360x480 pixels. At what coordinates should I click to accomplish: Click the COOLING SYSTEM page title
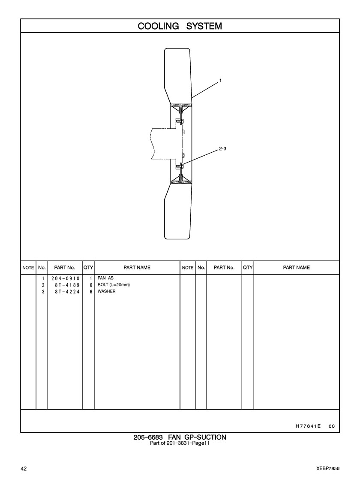tap(180, 26)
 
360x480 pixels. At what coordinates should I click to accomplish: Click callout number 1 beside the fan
tap(221, 81)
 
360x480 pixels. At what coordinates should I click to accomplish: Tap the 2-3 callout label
tap(223, 149)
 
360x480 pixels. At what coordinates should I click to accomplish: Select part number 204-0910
tap(66, 278)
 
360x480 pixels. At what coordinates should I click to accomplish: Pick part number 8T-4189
tap(67, 285)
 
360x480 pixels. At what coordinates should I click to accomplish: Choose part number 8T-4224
tap(67, 292)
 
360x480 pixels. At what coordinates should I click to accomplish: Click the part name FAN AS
tap(105, 278)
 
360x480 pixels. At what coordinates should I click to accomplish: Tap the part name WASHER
tap(106, 291)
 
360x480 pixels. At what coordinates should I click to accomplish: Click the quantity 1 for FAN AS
tap(91, 278)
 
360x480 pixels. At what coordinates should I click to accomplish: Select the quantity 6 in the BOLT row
tap(91, 285)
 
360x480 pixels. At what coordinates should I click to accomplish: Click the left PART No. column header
tap(65, 268)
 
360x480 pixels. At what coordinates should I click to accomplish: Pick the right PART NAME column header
tap(297, 268)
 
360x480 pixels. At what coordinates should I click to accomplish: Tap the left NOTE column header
tap(28, 268)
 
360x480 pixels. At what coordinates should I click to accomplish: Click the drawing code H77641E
tap(308, 426)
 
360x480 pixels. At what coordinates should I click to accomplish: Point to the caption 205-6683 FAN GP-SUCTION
tap(180, 438)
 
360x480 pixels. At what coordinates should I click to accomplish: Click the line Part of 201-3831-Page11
tap(180, 443)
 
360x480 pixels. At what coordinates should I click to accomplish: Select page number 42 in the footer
tap(24, 469)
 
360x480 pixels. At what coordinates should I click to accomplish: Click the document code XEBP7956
tap(328, 469)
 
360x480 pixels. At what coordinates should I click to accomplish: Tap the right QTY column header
tap(248, 268)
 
